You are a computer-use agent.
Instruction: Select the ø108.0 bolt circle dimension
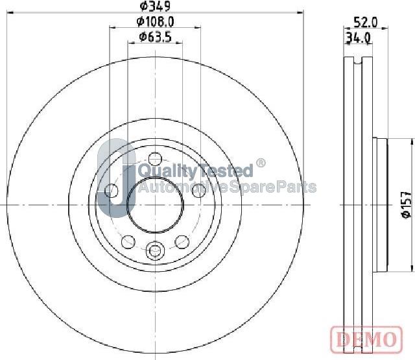(x=156, y=22)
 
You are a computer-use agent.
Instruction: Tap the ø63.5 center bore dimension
(x=155, y=37)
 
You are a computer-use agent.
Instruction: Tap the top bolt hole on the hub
(x=155, y=158)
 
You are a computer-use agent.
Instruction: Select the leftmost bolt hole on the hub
(x=112, y=191)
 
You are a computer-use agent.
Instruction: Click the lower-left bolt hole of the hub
(x=128, y=241)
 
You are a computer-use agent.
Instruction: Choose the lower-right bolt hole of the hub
(x=182, y=241)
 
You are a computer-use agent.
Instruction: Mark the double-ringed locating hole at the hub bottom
(x=155, y=250)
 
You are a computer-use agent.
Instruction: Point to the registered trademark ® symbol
(x=261, y=163)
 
